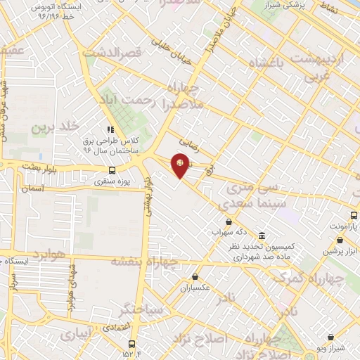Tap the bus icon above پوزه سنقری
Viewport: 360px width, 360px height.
tap(112, 170)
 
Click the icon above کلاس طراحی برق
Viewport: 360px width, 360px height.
tap(110, 129)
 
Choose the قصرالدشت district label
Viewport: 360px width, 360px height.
tap(112, 52)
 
